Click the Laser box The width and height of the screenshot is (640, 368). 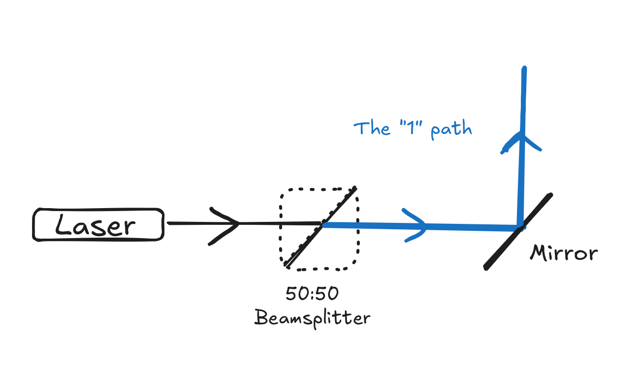tap(97, 225)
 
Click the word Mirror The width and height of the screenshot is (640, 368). tap(564, 253)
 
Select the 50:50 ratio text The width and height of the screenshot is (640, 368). tap(312, 294)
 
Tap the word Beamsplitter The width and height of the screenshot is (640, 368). tap(312, 317)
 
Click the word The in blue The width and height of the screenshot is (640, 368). tap(366, 128)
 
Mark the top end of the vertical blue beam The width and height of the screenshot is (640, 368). tap(524, 69)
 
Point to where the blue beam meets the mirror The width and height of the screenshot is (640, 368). tap(520, 228)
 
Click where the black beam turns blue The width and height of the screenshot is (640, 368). tap(322, 224)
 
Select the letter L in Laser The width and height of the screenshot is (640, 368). tap(62, 225)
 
